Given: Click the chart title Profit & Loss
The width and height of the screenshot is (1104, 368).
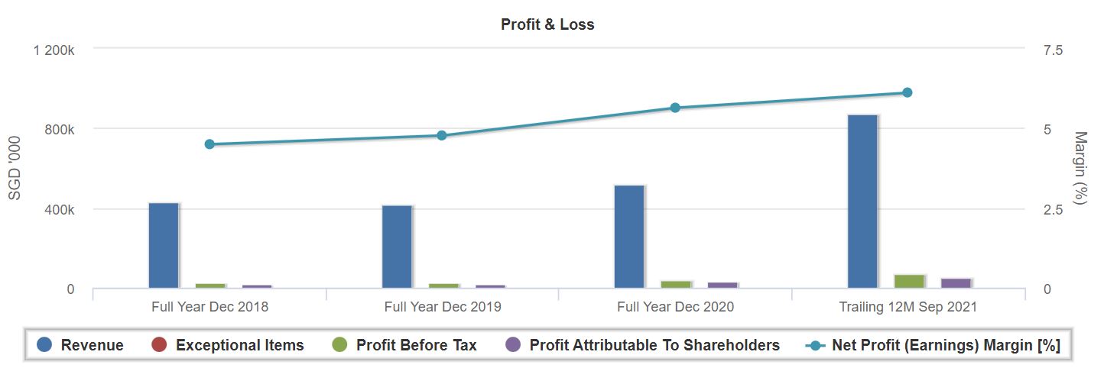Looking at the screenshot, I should (x=547, y=24).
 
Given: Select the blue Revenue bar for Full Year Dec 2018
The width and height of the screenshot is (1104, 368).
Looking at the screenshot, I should (x=163, y=246).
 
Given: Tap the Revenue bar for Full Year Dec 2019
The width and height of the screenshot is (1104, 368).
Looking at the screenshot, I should (x=396, y=247).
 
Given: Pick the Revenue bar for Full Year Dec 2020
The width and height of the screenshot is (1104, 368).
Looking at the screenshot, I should (x=629, y=237).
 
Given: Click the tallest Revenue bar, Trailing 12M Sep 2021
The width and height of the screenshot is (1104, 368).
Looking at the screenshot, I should (x=862, y=202).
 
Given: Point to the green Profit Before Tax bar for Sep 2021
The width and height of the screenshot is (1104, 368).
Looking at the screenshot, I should (x=909, y=281).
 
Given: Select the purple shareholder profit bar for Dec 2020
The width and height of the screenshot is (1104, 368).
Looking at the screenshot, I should (x=722, y=285).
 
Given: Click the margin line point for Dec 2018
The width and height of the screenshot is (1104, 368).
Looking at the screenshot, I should (x=209, y=144).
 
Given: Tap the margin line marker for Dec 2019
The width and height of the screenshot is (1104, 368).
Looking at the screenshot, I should (x=442, y=136).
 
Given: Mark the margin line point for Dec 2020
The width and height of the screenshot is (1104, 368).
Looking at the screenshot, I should (x=675, y=108).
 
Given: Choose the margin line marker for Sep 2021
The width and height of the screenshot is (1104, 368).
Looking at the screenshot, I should (x=908, y=92).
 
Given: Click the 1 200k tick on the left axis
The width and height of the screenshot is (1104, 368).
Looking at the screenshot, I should (x=53, y=50).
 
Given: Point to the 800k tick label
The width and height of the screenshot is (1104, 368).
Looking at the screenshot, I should (x=60, y=130).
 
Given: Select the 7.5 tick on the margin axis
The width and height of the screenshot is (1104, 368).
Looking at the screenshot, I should (x=1054, y=50).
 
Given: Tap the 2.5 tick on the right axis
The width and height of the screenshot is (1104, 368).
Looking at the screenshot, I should (x=1054, y=210).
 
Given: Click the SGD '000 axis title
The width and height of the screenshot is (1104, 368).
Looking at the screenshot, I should (x=14, y=169).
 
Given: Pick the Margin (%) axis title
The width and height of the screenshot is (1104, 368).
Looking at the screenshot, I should (x=1080, y=169).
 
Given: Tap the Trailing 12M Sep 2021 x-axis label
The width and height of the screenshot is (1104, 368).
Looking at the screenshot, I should (x=908, y=307).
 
